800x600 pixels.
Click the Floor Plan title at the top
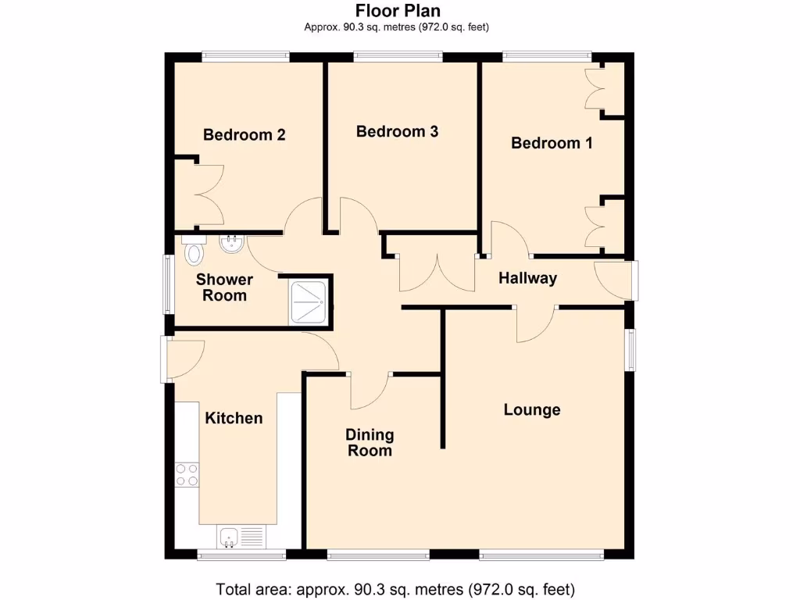point(398,10)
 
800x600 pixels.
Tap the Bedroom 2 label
point(244,134)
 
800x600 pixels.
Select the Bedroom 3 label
point(397,131)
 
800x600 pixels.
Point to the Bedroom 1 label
point(552,143)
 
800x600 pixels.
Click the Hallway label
point(527,278)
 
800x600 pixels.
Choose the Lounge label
point(532,409)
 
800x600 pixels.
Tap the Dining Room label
point(370,442)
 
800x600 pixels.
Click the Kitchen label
point(234,418)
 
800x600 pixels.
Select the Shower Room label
point(225,287)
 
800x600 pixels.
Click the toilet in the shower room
point(193,251)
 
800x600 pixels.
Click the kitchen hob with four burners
point(187,474)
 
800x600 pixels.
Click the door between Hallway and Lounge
point(536,323)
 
